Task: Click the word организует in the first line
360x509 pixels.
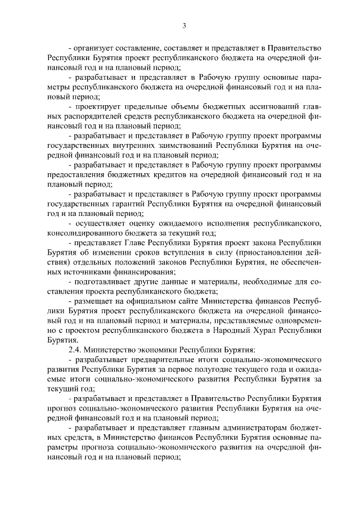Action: pyautogui.click(x=94, y=48)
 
